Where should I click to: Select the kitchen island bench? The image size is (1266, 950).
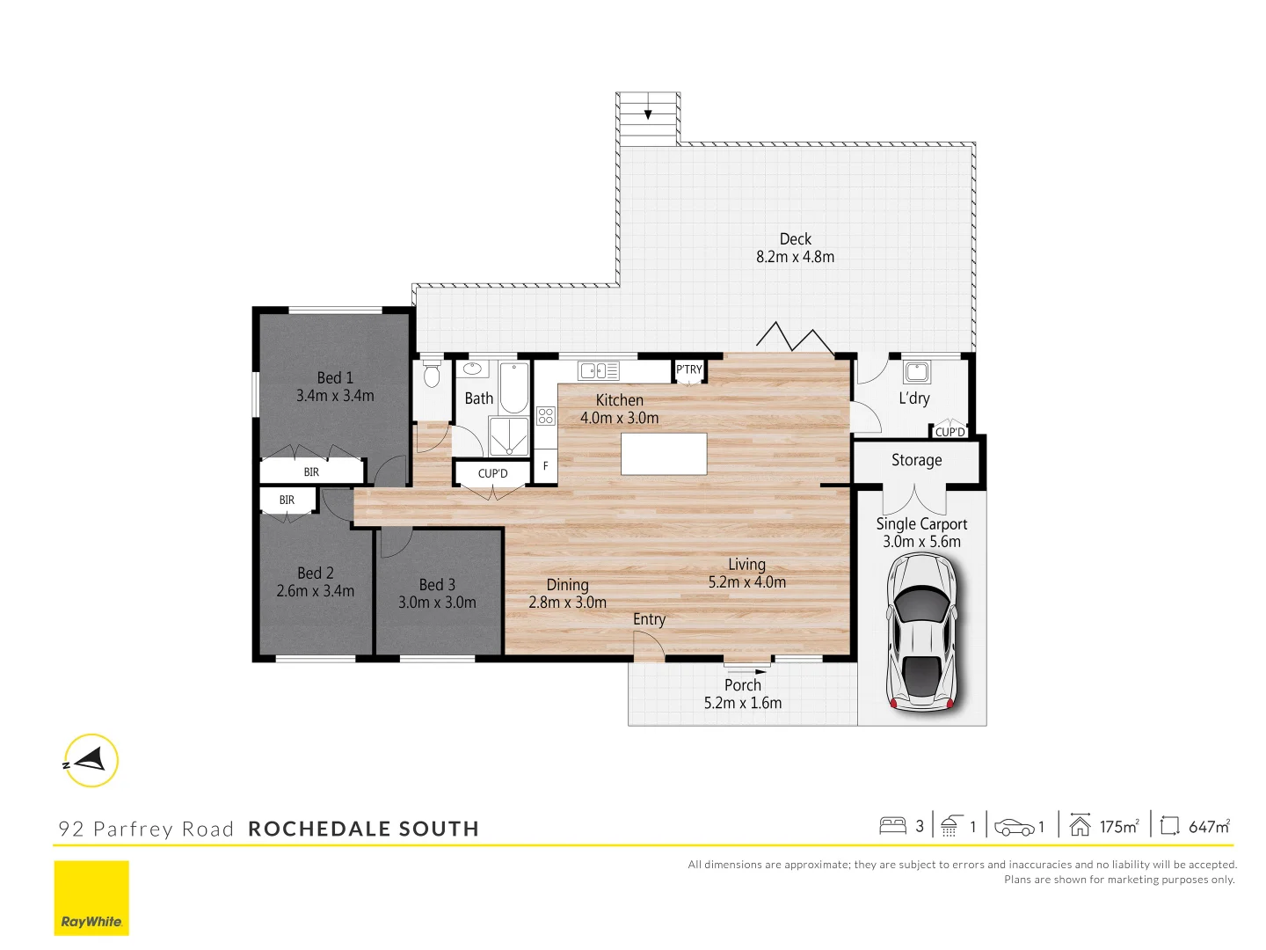pyautogui.click(x=664, y=454)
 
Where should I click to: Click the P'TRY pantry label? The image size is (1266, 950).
pyautogui.click(x=689, y=369)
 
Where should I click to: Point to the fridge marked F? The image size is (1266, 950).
pyautogui.click(x=545, y=466)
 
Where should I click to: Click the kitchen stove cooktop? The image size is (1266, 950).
pyautogui.click(x=546, y=415)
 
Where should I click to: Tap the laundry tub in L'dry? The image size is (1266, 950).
pyautogui.click(x=916, y=371)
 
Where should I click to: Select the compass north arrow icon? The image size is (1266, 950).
pyautogui.click(x=91, y=760)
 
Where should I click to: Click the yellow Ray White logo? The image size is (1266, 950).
pyautogui.click(x=91, y=898)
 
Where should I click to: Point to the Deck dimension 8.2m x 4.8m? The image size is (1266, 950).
pyautogui.click(x=795, y=257)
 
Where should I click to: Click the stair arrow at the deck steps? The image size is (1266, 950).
pyautogui.click(x=648, y=113)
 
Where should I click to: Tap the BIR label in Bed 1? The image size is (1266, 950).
pyautogui.click(x=311, y=472)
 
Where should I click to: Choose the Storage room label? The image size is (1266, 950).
pyautogui.click(x=916, y=460)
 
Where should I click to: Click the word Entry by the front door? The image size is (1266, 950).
pyautogui.click(x=649, y=619)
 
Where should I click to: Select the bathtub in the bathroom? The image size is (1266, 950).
pyautogui.click(x=514, y=388)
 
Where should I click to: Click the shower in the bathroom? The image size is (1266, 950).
pyautogui.click(x=509, y=436)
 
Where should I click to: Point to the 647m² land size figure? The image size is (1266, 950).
pyautogui.click(x=1209, y=827)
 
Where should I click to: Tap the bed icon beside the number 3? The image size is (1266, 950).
pyautogui.click(x=892, y=826)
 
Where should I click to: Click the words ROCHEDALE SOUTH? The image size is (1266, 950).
pyautogui.click(x=363, y=829)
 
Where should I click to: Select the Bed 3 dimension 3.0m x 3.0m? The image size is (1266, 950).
pyautogui.click(x=437, y=603)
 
